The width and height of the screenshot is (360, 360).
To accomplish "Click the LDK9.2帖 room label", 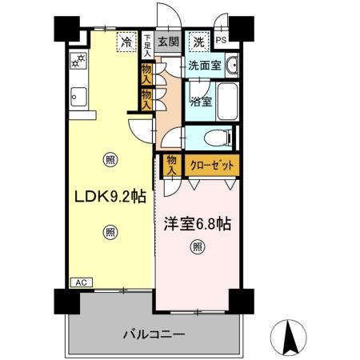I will pyautogui.click(x=109, y=196).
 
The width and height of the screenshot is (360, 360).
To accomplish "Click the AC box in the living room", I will pyautogui.click(x=81, y=282).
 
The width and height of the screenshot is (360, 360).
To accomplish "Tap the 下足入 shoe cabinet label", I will pyautogui.click(x=147, y=42).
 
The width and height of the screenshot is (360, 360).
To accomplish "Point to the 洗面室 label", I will pyautogui.click(x=204, y=66).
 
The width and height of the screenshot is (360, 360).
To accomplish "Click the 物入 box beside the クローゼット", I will pyautogui.click(x=172, y=166).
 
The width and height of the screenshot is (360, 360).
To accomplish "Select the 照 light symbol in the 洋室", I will pyautogui.click(x=197, y=247).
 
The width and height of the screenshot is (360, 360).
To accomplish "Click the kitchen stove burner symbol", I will pyautogui.click(x=80, y=61).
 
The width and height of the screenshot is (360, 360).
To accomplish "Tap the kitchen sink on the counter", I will pyautogui.click(x=78, y=99).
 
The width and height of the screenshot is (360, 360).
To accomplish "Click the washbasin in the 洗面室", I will pyautogui.click(x=230, y=66).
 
